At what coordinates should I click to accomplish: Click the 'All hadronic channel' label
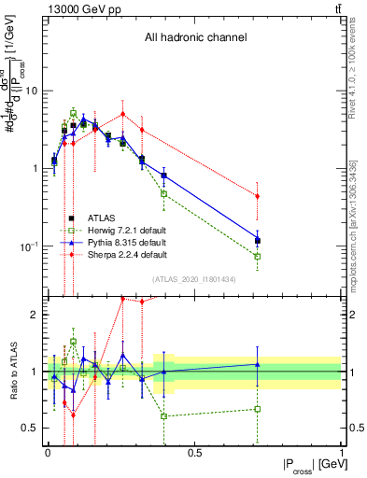coord(195,38)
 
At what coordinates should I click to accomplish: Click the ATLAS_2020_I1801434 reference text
coord(194,279)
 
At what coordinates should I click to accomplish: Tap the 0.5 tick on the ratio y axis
coord(33,428)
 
